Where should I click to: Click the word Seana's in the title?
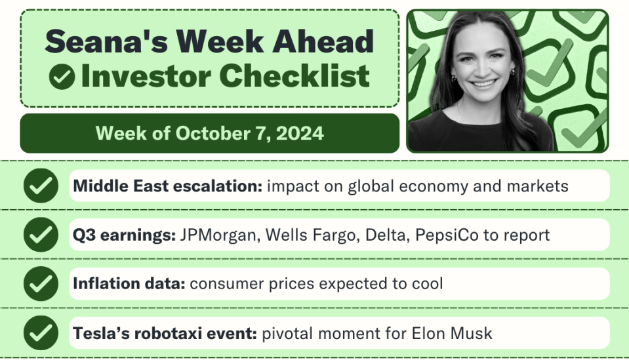click(x=106, y=41)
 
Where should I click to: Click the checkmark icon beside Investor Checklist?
click(x=62, y=77)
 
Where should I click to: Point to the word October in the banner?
click(x=213, y=134)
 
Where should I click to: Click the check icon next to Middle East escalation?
click(x=41, y=186)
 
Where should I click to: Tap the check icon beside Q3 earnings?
click(x=41, y=235)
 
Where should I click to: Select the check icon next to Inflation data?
click(x=41, y=284)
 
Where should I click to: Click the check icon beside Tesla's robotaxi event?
click(x=41, y=332)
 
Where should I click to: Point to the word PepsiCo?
click(x=447, y=235)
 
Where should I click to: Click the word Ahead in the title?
click(x=323, y=41)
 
